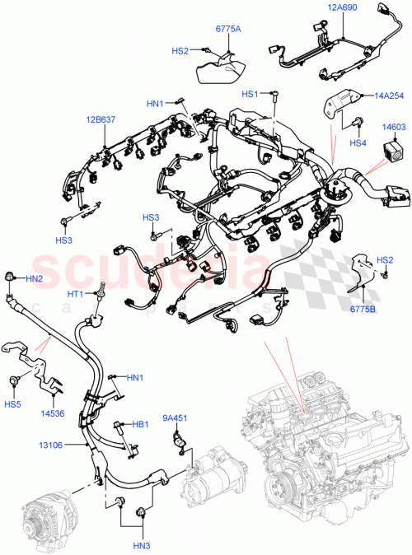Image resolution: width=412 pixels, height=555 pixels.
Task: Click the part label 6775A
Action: click(x=228, y=29)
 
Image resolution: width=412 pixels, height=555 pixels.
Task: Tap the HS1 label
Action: click(x=250, y=95)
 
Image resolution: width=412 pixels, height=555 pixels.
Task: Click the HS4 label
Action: click(x=357, y=143)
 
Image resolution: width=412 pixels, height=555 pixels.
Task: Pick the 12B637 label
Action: click(x=100, y=121)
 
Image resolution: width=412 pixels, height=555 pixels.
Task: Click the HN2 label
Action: click(x=34, y=278)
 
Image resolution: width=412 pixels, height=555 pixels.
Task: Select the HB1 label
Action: click(x=141, y=425)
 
